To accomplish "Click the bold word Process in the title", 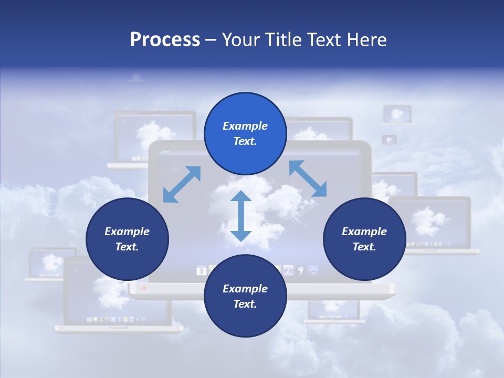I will (165, 40).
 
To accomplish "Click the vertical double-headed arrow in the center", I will (241, 216).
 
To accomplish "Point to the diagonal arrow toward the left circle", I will (182, 184).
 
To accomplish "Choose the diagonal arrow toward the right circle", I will (308, 178).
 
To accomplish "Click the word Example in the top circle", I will (245, 126).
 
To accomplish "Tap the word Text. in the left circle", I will (127, 247).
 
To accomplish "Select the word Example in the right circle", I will (364, 232).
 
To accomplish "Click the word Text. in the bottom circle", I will (245, 304).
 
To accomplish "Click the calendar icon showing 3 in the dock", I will (201, 271).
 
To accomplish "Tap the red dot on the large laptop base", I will (144, 288).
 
